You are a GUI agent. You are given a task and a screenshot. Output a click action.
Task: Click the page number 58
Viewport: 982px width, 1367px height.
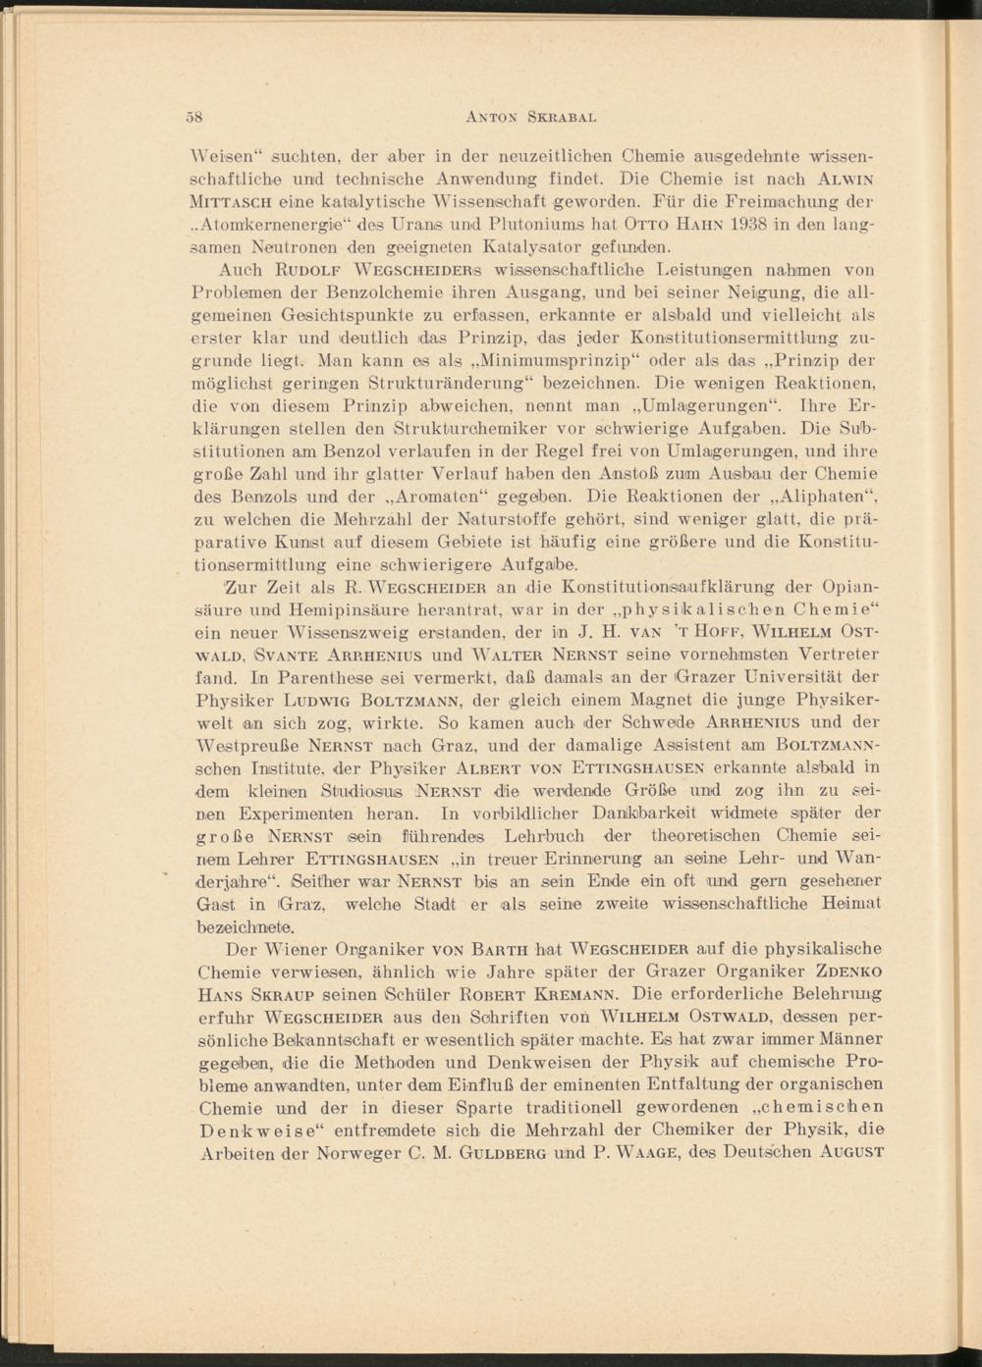(193, 117)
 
